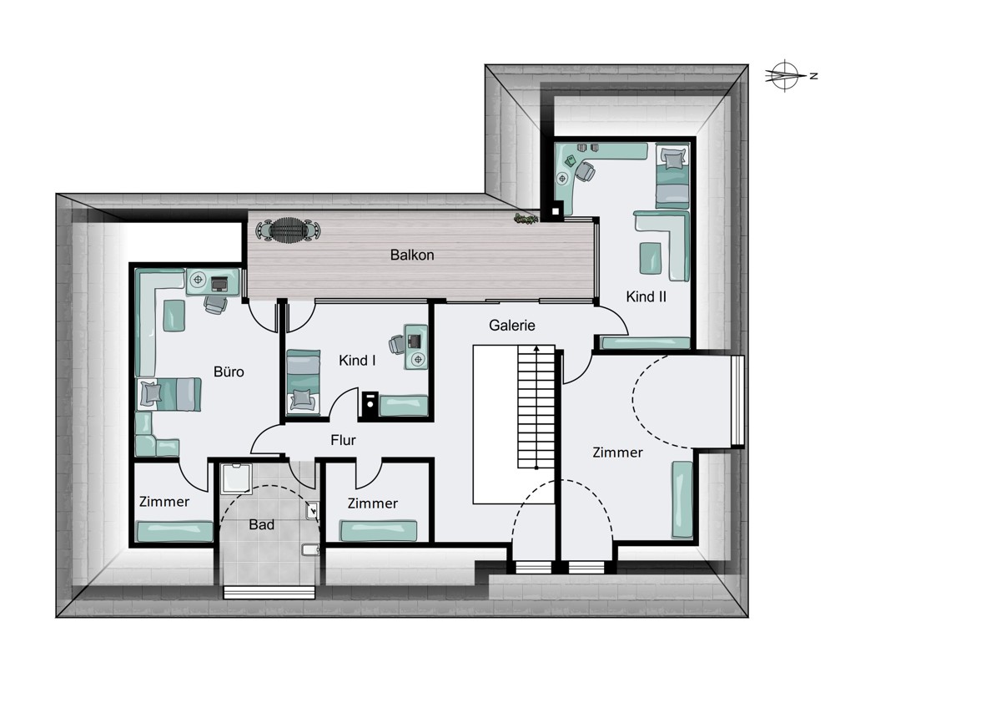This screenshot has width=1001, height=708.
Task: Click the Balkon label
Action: pyautogui.click(x=411, y=255)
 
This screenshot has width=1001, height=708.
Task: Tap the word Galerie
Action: pyautogui.click(x=511, y=325)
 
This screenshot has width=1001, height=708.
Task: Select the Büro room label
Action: pyautogui.click(x=229, y=372)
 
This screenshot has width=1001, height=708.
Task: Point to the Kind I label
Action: pyautogui.click(x=357, y=360)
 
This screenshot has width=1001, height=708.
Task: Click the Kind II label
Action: pyautogui.click(x=646, y=296)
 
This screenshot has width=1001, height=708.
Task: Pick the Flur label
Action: pyautogui.click(x=343, y=440)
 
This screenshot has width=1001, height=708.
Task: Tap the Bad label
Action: pyautogui.click(x=261, y=524)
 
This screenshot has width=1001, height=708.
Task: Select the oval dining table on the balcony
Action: pyautogui.click(x=288, y=230)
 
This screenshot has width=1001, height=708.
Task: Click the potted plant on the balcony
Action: pyautogui.click(x=526, y=219)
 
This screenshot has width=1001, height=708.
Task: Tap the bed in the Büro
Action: pyautogui.click(x=169, y=394)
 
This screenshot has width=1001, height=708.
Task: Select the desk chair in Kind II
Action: pyautogui.click(x=585, y=171)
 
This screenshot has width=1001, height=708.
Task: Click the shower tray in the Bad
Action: pyautogui.click(x=236, y=478)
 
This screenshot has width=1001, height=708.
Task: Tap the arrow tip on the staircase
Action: pyautogui.click(x=536, y=346)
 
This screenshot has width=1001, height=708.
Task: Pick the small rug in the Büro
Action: pyautogui.click(x=174, y=316)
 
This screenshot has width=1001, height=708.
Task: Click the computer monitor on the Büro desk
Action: pyautogui.click(x=219, y=284)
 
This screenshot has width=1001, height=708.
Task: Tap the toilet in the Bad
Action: pyautogui.click(x=310, y=549)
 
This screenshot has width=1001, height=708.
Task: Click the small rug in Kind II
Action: pyautogui.click(x=650, y=258)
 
